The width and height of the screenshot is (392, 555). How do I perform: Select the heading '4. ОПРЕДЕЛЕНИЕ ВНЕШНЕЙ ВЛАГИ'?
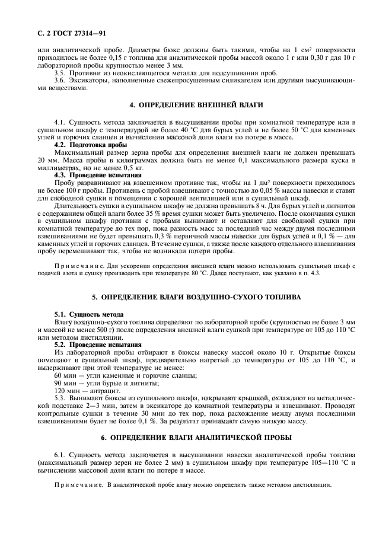196,105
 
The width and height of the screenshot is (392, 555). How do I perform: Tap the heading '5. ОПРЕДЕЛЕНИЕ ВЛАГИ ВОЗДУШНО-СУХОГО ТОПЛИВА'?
196,295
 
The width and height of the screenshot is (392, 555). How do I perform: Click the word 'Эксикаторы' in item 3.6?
89,80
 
